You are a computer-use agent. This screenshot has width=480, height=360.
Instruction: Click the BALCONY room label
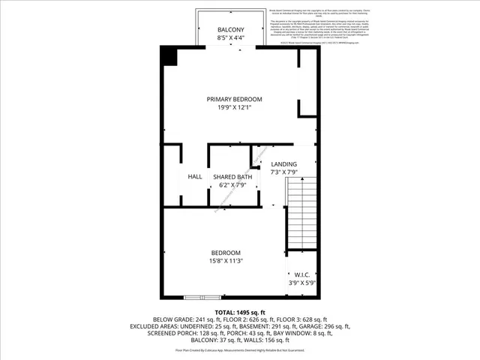230,29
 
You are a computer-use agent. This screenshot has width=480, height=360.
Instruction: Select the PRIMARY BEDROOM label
235,99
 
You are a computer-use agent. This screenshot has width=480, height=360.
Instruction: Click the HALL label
195,176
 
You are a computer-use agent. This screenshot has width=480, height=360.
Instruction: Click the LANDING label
283,164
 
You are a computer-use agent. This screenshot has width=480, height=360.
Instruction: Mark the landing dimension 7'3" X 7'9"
283,172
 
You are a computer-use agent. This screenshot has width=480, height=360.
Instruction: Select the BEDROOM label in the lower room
225,252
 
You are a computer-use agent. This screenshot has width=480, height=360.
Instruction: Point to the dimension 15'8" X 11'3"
225,260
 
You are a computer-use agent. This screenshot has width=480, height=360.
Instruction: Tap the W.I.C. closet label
303,275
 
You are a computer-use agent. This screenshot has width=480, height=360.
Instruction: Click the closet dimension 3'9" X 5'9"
303,283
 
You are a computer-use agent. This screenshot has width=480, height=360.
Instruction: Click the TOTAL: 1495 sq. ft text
240,312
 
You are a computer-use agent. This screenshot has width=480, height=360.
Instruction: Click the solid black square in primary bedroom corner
169,55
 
